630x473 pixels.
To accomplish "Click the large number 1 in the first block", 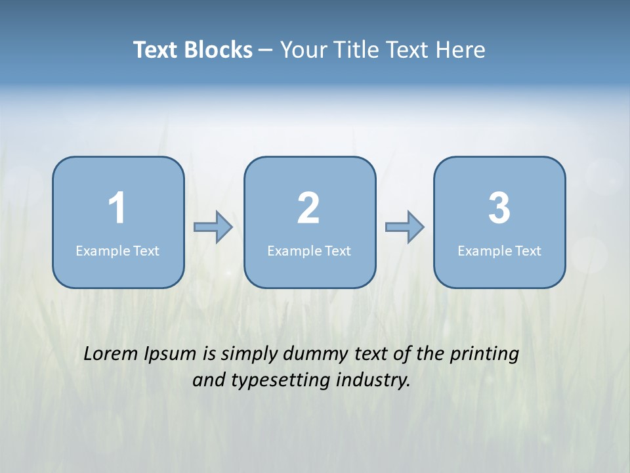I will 117,208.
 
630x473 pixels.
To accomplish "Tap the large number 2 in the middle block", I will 308,208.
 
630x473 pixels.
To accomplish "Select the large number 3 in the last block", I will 499,208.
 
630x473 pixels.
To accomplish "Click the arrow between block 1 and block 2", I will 213,227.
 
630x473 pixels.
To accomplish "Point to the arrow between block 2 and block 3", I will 404,227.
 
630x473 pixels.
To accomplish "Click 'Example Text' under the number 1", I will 117,251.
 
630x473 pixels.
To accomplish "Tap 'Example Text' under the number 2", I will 309,251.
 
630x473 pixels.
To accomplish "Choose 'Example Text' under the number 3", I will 499,251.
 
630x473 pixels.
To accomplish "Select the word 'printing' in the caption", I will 484,355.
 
